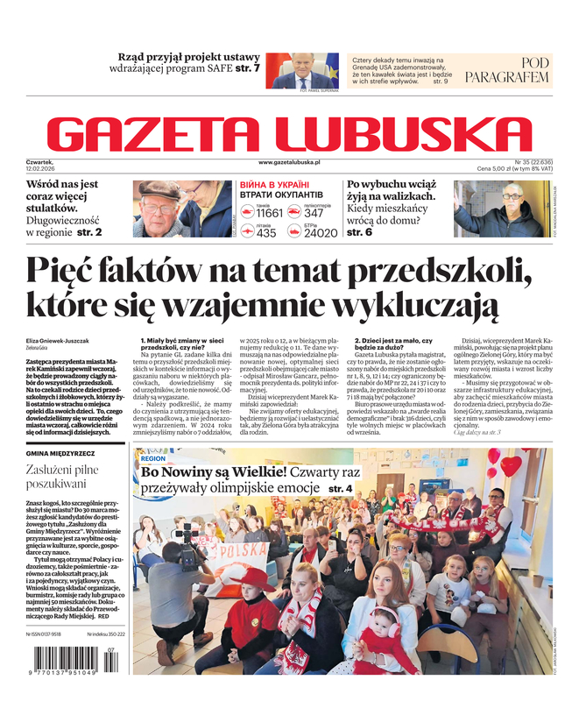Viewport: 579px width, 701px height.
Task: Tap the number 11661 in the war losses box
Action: coord(269,213)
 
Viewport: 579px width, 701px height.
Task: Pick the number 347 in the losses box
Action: coord(314,213)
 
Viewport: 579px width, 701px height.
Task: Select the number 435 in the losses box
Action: coord(266,233)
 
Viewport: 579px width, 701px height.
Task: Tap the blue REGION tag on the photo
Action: coord(152,458)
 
